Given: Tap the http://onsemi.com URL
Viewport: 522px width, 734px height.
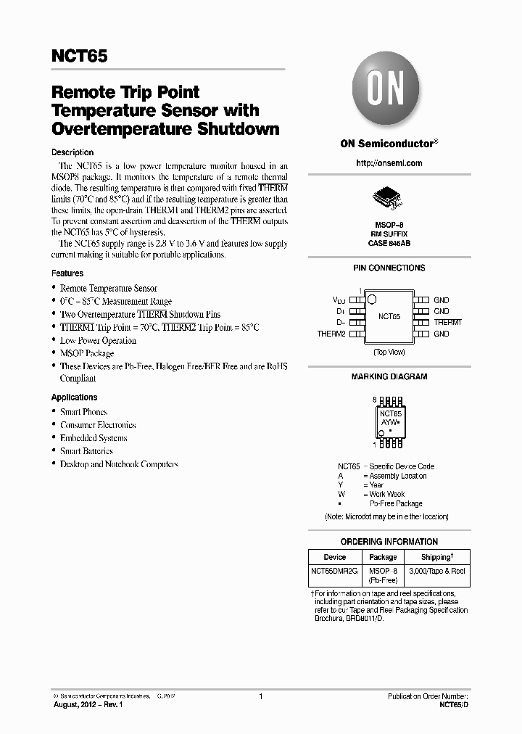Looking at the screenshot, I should (x=389, y=163).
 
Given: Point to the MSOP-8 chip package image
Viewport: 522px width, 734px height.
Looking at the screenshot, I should (x=388, y=197).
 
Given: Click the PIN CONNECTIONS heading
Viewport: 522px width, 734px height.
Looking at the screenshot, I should (x=389, y=268).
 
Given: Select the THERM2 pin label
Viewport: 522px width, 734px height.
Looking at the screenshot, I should (x=331, y=334).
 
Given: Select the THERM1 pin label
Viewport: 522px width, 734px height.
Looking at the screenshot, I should (x=447, y=322).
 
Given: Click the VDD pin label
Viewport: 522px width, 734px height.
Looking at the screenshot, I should (x=339, y=300).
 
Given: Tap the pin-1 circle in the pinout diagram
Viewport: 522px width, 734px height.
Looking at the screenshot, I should (x=371, y=299).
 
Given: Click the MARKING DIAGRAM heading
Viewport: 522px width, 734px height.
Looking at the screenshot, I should (x=389, y=376).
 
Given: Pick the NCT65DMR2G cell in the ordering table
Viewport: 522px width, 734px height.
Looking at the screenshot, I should (x=334, y=572).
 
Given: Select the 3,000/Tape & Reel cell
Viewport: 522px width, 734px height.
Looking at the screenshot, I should (x=436, y=572).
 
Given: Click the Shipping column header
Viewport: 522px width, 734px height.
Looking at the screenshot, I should (x=436, y=557).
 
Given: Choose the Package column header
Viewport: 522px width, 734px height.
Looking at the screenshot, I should (x=383, y=557).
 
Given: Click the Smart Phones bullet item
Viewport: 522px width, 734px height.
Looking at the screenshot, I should (x=83, y=412).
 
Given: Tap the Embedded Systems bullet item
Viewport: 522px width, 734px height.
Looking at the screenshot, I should (x=94, y=438).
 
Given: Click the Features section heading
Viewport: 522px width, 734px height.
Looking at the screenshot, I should (x=67, y=273).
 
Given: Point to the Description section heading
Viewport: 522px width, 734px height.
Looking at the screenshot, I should (x=72, y=152).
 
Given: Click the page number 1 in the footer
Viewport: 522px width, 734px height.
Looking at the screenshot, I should (x=260, y=696).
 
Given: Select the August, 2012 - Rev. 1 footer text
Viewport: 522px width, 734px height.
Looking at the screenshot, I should (x=88, y=705).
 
